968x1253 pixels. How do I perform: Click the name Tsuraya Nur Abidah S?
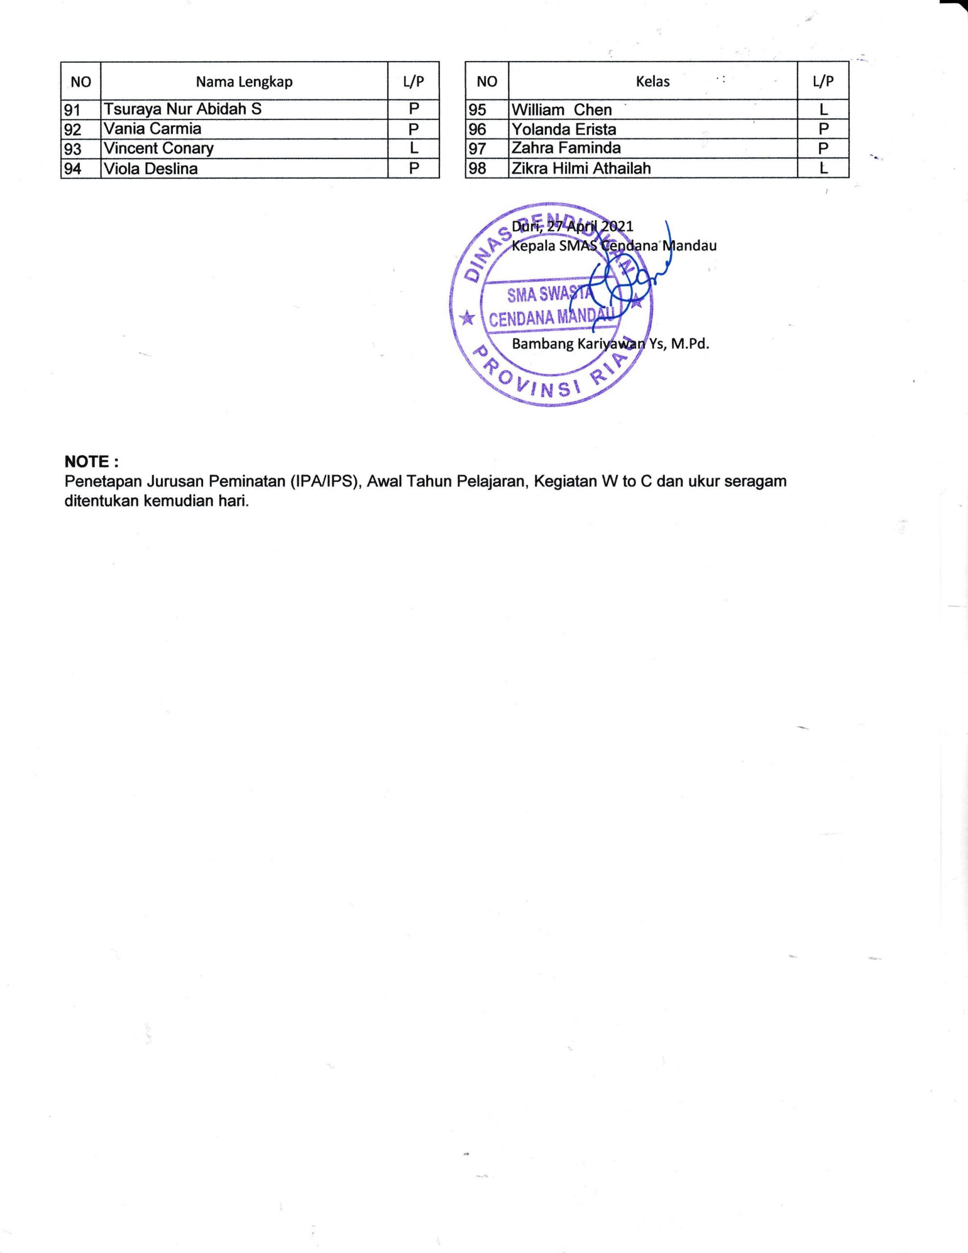tap(183, 109)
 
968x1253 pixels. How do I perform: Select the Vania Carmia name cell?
tap(152, 129)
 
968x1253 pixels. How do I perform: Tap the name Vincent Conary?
tap(159, 148)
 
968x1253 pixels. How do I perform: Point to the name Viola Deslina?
tap(150, 168)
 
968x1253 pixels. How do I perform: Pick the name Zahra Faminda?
tap(566, 148)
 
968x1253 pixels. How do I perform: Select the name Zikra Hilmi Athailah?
tap(581, 168)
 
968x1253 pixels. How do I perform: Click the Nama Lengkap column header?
tap(244, 81)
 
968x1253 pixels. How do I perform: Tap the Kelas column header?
tap(652, 81)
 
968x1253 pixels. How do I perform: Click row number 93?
tap(73, 149)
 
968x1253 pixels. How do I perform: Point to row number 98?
tap(478, 168)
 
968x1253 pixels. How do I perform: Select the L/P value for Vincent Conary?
tap(413, 148)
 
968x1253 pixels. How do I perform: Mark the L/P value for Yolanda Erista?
tap(823, 129)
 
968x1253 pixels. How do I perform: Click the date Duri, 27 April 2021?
tap(572, 226)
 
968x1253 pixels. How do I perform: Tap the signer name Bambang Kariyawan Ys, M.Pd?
tap(611, 344)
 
